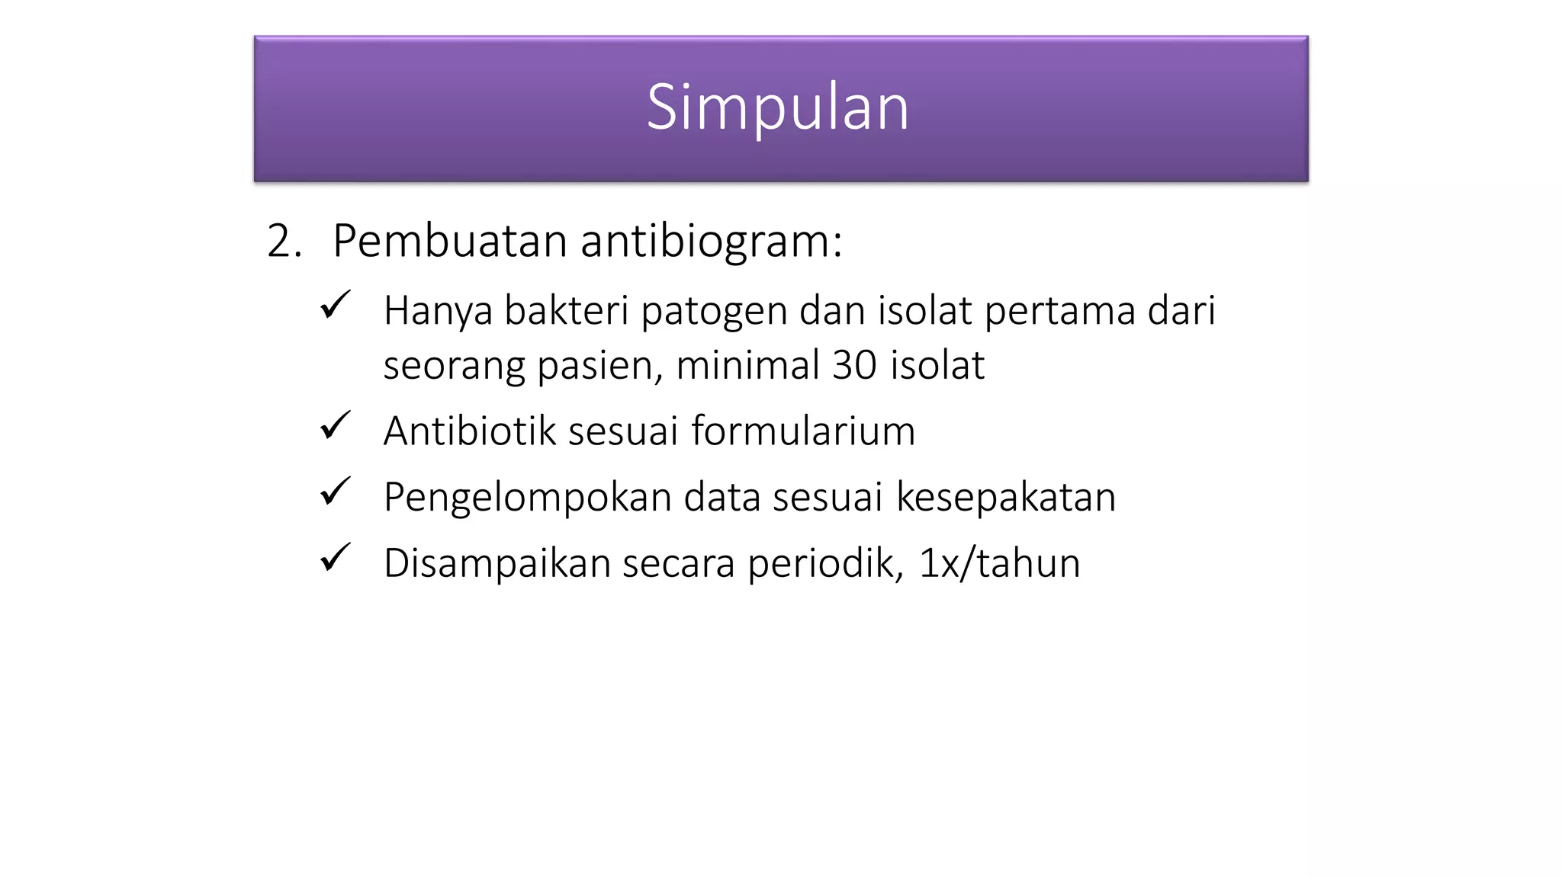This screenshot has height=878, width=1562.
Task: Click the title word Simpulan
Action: (777, 107)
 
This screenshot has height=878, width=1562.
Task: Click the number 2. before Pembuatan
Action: (284, 242)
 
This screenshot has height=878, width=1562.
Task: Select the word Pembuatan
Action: (449, 242)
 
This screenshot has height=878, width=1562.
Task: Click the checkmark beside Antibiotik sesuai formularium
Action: (335, 425)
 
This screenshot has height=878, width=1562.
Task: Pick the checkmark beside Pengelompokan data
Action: (335, 492)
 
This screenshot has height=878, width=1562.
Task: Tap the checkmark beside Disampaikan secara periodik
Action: (335, 558)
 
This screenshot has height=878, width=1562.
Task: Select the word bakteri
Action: (565, 311)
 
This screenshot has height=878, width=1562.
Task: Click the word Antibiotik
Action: (470, 431)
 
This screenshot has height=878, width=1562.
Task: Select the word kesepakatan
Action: (1005, 498)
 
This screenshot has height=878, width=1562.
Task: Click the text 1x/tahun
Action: (999, 564)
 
